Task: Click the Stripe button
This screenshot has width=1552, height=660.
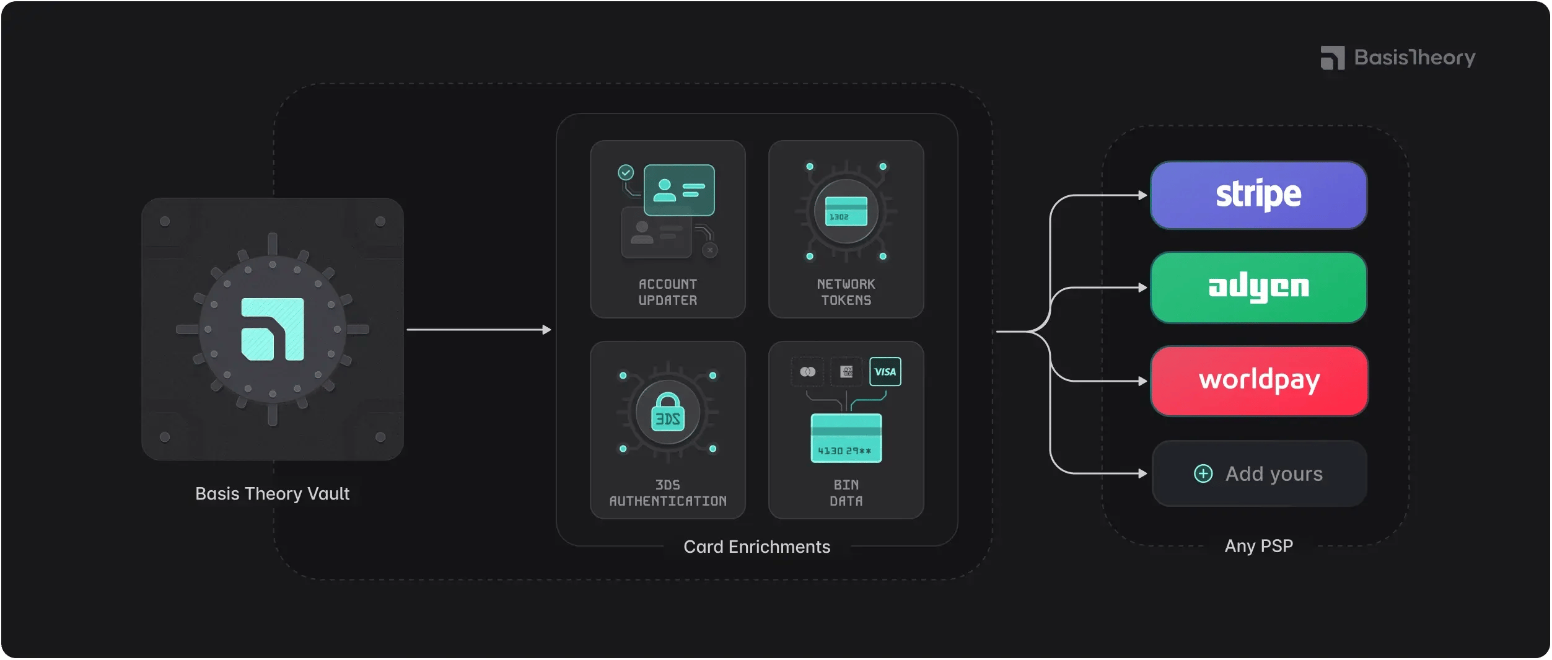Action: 1258,195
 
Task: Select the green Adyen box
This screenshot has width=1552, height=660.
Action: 1258,288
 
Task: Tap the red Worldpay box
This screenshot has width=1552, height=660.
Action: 1259,381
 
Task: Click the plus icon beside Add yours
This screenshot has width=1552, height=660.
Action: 1203,473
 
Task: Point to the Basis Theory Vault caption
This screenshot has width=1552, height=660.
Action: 272,493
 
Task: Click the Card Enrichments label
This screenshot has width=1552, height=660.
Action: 756,547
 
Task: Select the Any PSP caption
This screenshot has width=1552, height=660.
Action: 1258,546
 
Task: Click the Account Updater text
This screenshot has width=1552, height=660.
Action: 668,292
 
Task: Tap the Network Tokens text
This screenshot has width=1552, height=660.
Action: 846,292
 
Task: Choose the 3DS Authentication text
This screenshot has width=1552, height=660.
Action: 668,493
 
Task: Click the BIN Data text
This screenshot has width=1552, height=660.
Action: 846,493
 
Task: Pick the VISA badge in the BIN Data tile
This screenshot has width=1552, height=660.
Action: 885,372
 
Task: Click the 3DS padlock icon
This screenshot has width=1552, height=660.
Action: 668,413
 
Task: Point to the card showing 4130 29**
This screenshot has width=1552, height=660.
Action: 846,438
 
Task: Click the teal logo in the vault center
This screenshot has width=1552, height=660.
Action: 273,329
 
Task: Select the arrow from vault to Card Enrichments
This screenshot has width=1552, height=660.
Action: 478,330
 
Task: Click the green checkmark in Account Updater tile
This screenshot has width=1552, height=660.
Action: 626,172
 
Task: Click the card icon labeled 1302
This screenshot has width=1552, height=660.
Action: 846,211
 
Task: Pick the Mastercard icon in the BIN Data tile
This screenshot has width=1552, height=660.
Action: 807,372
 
